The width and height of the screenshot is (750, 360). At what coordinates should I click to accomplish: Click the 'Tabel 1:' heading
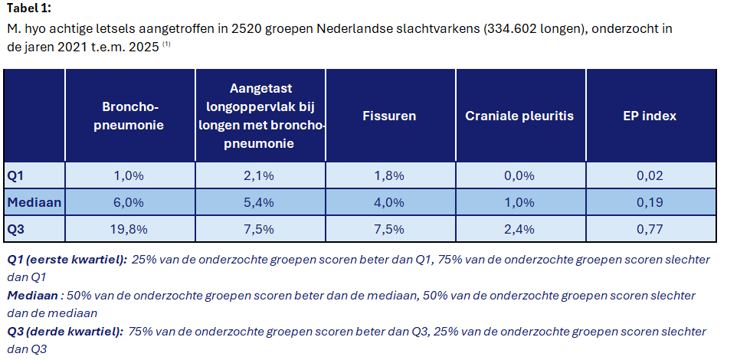click(x=29, y=9)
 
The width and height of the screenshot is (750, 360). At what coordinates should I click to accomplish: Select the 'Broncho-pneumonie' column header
click(x=129, y=116)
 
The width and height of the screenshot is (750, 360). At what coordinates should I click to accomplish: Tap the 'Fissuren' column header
click(x=389, y=116)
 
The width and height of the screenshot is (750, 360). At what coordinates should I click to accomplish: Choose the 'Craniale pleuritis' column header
click(x=519, y=116)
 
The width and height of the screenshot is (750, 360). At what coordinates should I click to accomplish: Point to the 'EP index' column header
click(x=650, y=116)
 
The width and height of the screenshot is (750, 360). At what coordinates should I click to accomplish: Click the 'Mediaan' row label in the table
click(x=34, y=203)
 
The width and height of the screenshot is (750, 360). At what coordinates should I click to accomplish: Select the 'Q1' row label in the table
click(x=16, y=175)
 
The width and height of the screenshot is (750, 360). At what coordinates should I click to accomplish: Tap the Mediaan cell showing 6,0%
click(x=129, y=203)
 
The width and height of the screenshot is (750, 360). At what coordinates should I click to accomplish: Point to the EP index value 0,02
click(x=650, y=175)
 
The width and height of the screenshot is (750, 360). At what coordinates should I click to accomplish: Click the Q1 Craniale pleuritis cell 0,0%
click(x=519, y=175)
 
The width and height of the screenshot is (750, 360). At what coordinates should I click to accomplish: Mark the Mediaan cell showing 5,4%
click(x=259, y=203)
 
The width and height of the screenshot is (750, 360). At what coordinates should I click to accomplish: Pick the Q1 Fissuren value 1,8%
click(x=389, y=175)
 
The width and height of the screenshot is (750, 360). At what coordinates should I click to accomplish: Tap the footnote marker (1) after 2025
click(x=165, y=44)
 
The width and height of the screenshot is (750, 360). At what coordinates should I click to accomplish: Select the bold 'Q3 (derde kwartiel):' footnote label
click(x=65, y=332)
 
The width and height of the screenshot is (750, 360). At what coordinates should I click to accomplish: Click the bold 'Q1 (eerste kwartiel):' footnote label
click(x=67, y=260)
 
